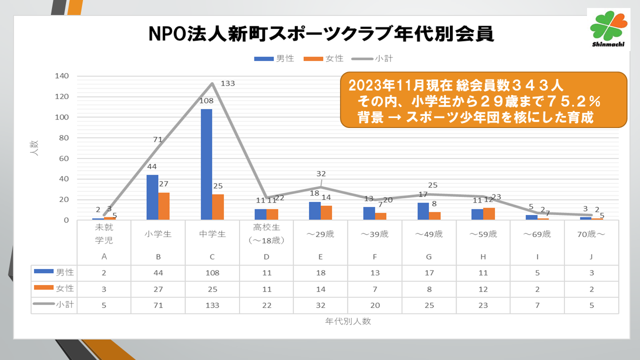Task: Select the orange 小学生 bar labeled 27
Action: tap(164, 206)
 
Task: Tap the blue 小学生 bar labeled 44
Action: tap(152, 197)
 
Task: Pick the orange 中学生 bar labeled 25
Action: tap(218, 207)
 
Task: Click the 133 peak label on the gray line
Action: tap(227, 84)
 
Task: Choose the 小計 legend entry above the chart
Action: tap(372, 58)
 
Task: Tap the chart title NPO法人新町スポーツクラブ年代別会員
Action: tap(321, 34)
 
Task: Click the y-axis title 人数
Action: tap(34, 148)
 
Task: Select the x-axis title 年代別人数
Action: tap(348, 321)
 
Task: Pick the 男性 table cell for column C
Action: tap(212, 272)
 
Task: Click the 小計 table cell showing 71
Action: tap(158, 304)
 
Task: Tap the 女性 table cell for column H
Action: tap(483, 288)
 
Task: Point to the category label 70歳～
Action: tap(592, 234)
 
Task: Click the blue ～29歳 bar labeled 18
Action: tap(314, 210)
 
